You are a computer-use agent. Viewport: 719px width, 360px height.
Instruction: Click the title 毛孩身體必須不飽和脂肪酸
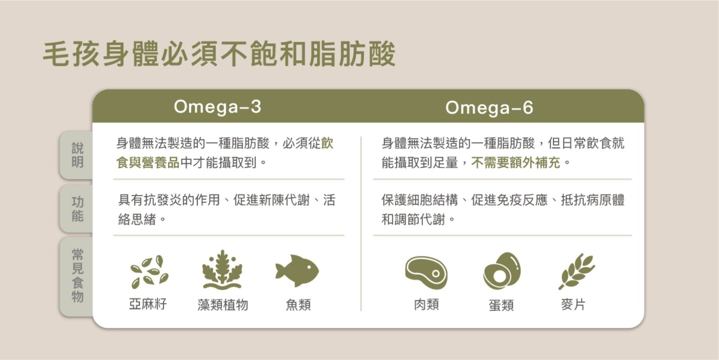click(x=219, y=54)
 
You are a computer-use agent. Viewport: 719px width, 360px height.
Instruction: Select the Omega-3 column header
click(x=217, y=107)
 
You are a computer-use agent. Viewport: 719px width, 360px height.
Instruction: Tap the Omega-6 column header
click(x=489, y=107)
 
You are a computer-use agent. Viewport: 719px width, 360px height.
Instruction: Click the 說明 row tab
click(x=77, y=155)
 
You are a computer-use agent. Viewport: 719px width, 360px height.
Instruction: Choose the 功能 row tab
click(x=77, y=209)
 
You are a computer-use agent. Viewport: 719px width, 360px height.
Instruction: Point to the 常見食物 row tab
click(x=77, y=276)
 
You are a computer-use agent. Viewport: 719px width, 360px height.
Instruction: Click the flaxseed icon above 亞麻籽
click(x=149, y=272)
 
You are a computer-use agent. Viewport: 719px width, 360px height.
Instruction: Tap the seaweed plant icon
click(x=222, y=269)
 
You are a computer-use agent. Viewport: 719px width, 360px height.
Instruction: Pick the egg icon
click(x=502, y=271)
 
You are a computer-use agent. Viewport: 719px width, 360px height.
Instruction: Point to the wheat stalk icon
click(x=577, y=271)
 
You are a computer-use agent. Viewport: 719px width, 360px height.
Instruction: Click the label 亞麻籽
click(x=148, y=304)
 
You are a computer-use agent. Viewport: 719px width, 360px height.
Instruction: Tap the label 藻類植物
click(x=223, y=305)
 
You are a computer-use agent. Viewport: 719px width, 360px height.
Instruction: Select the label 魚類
click(x=298, y=305)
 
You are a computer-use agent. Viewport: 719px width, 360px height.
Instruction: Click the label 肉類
click(x=426, y=305)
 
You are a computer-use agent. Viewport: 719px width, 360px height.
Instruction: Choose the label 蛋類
click(x=501, y=305)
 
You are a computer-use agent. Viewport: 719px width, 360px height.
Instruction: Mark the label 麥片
click(x=573, y=305)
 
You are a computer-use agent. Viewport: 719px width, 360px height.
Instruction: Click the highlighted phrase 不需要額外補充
click(x=516, y=163)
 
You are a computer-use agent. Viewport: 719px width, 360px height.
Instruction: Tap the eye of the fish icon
click(x=308, y=268)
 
